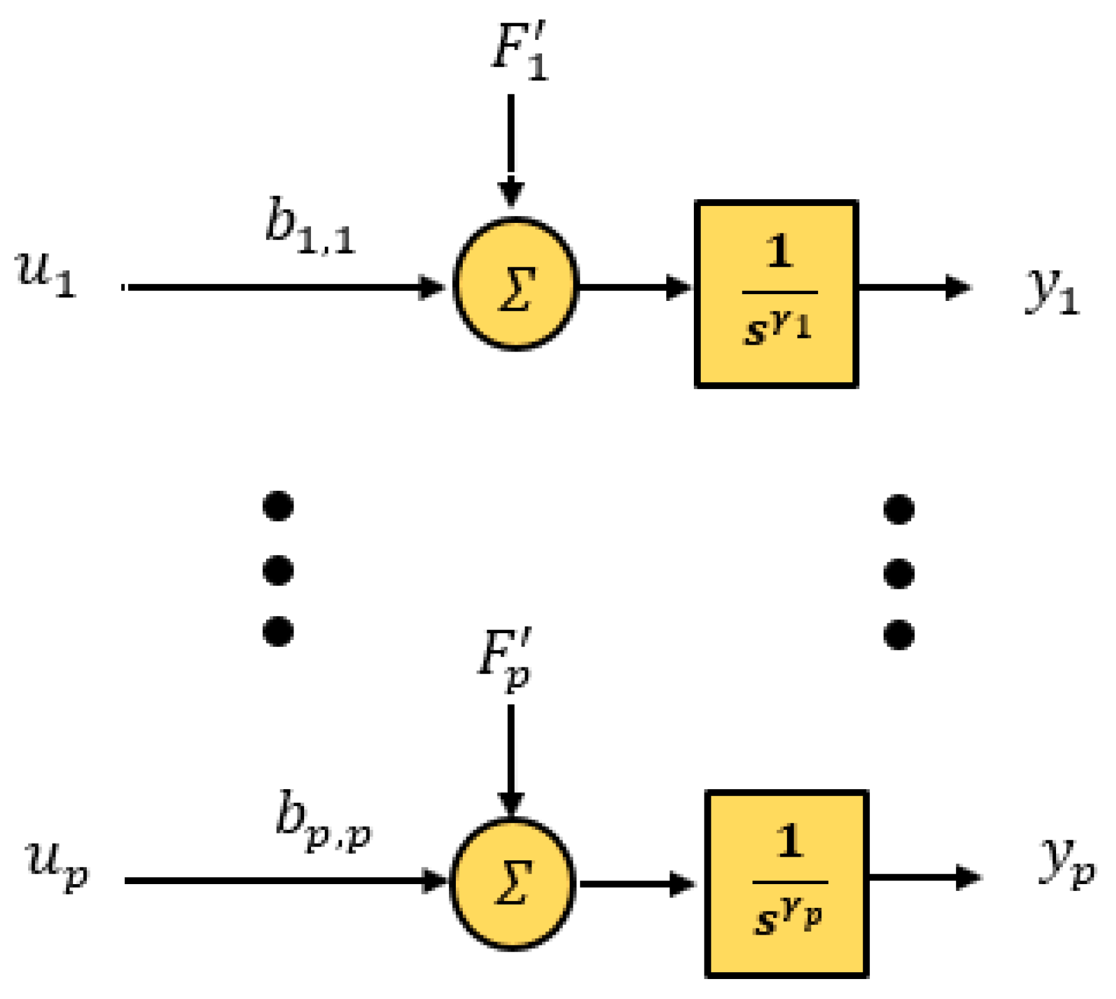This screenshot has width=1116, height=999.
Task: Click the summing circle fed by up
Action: click(x=512, y=882)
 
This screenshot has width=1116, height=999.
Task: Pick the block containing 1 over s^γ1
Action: click(x=776, y=294)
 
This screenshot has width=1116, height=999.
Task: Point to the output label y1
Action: click(x=1052, y=292)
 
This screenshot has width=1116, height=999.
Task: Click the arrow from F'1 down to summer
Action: click(x=511, y=150)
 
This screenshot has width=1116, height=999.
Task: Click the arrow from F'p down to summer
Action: click(x=511, y=759)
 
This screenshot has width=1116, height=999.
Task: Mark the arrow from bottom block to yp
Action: click(x=924, y=877)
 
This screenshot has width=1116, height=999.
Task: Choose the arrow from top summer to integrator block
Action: click(x=634, y=288)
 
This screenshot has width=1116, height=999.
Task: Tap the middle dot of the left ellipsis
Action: click(x=279, y=570)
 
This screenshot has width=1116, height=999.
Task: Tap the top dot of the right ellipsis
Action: click(x=899, y=509)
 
